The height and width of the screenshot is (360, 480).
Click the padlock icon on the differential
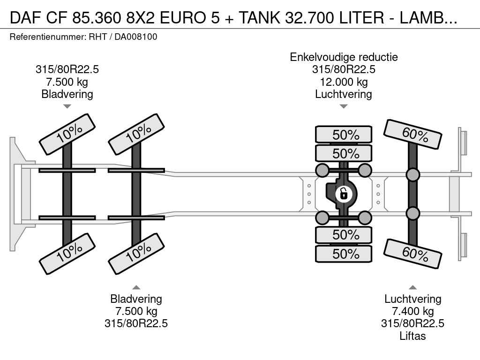(344, 193)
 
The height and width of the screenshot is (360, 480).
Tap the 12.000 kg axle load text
(344, 82)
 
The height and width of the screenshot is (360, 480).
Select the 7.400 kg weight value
(412, 311)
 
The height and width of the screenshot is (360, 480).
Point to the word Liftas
(412, 336)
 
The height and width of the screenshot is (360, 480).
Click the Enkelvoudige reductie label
(344, 57)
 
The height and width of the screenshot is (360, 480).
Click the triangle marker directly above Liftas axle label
(412, 287)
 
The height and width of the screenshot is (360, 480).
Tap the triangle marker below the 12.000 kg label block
(344, 106)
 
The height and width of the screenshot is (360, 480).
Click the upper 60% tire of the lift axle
(413, 135)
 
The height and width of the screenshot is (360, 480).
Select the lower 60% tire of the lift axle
(413, 253)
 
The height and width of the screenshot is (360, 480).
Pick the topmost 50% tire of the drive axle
(344, 135)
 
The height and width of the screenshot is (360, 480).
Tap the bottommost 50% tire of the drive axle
(344, 254)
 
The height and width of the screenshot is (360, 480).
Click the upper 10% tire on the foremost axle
(67, 134)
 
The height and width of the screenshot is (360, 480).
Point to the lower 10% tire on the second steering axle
(136, 254)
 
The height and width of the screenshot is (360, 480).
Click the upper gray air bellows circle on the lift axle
(412, 175)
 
